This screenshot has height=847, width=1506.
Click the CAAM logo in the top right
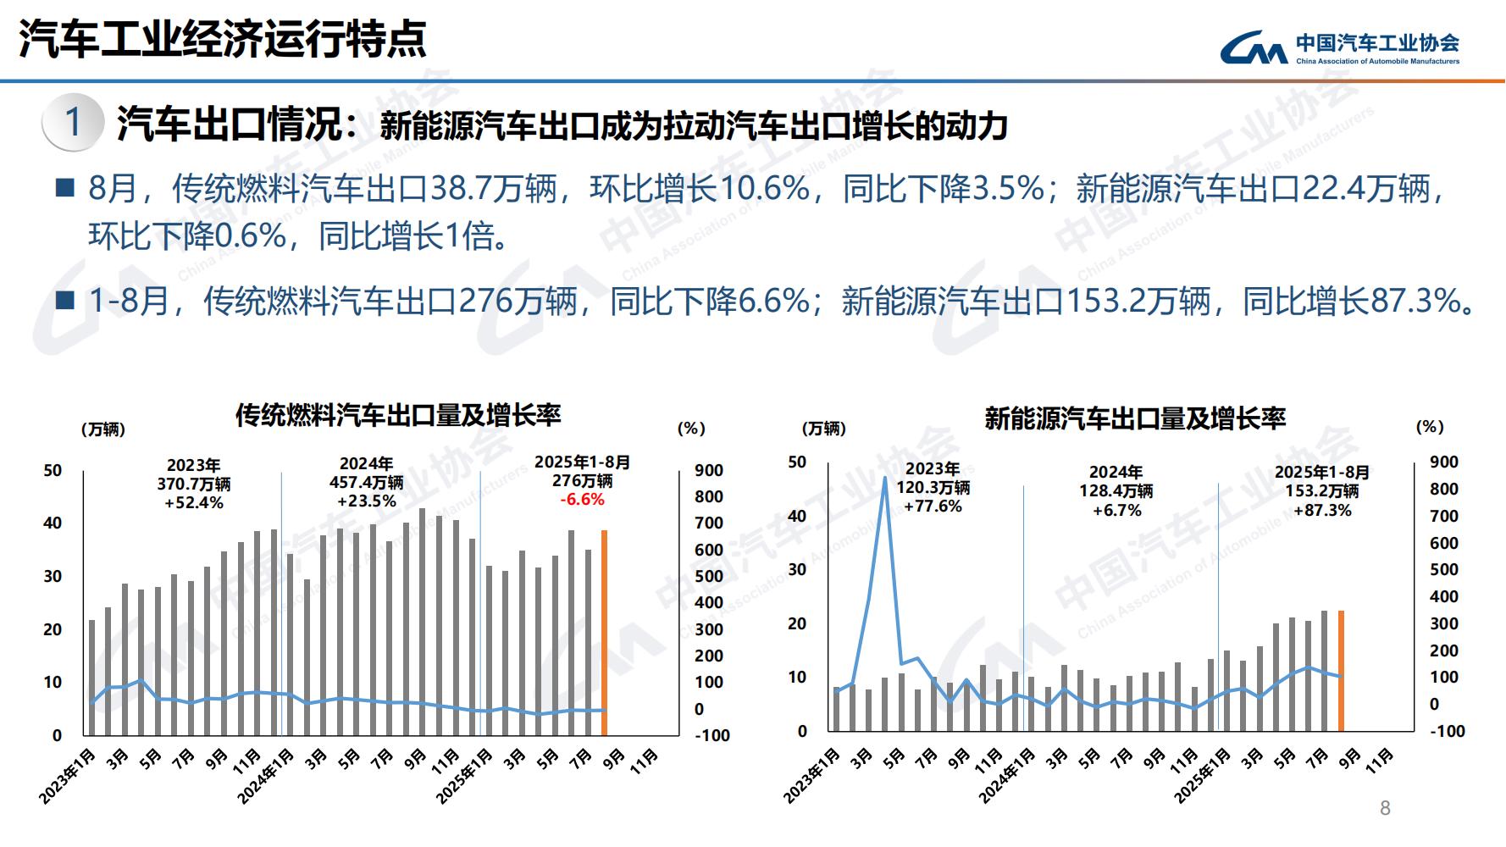tap(1340, 47)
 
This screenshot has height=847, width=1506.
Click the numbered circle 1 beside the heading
tap(74, 123)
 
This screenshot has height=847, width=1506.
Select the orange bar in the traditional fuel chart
tap(604, 632)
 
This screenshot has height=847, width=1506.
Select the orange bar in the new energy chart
tap(1341, 670)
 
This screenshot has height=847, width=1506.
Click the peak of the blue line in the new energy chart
tap(884, 478)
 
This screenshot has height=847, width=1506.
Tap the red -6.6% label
tap(582, 500)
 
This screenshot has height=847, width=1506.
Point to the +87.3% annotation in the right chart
tap(1322, 510)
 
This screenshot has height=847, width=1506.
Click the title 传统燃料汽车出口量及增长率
tap(398, 415)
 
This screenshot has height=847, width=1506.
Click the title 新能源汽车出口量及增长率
tap(1135, 418)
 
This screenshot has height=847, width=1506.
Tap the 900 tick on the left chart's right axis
tap(708, 470)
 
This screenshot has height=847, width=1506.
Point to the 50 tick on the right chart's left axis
tap(797, 462)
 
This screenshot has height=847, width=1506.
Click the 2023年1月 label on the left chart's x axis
tap(68, 775)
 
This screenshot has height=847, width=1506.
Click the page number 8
tap(1385, 808)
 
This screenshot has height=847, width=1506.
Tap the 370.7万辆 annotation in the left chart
tap(193, 484)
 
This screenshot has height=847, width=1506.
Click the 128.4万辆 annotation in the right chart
tap(1116, 490)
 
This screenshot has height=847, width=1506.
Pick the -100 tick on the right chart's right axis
tap(1447, 731)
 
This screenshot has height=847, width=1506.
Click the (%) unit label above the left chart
tap(691, 429)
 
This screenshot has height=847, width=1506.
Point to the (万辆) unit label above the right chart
tap(823, 429)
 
